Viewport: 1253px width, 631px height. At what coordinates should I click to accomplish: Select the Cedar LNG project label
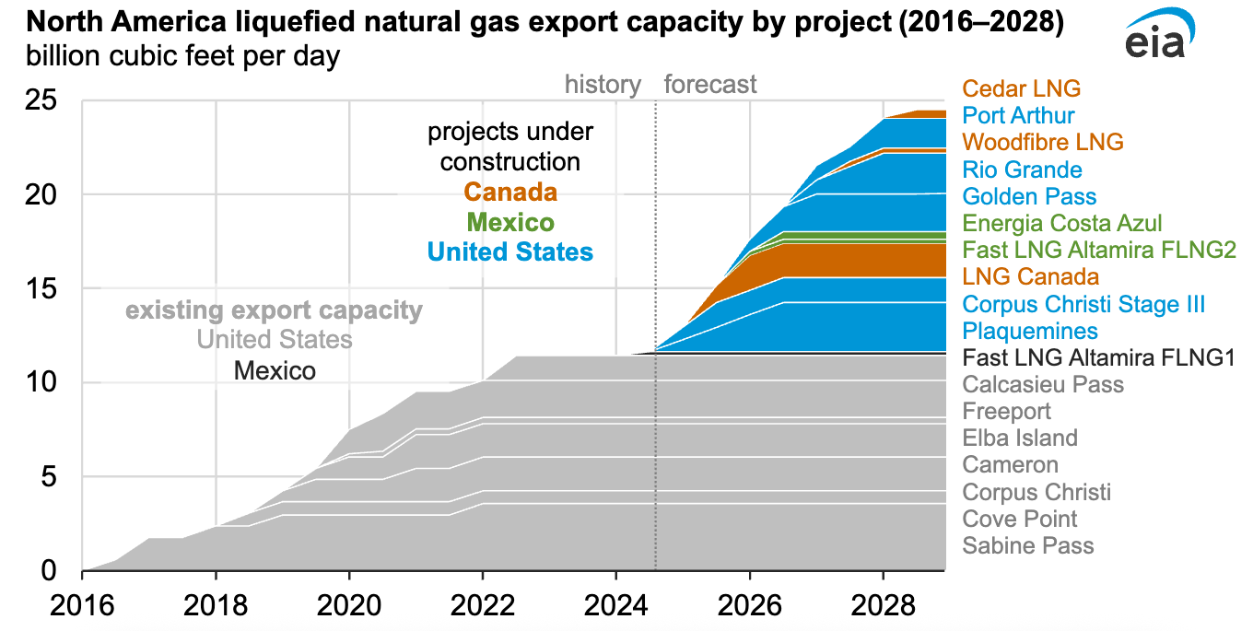coord(1022,88)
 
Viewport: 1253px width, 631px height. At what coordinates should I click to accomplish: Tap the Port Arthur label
coord(1018,116)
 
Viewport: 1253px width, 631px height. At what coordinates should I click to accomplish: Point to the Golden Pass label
coord(1029,196)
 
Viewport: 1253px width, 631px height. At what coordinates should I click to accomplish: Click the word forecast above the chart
coord(710,85)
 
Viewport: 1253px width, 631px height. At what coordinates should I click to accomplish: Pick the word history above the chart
coord(603,85)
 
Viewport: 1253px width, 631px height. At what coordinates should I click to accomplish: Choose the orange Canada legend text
coord(510,193)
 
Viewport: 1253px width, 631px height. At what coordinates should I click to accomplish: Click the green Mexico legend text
coord(510,222)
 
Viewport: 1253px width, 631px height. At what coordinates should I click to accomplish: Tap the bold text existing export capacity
coord(274,310)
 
